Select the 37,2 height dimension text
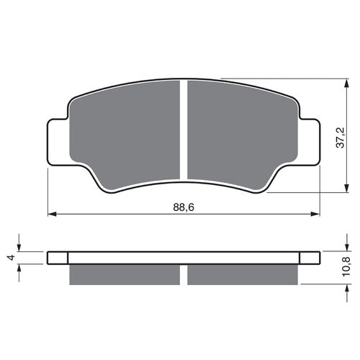click(x=348, y=136)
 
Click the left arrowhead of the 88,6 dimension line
click(x=51, y=214)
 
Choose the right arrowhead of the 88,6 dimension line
click(x=315, y=214)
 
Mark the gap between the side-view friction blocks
click(x=184, y=274)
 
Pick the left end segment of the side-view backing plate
click(x=58, y=257)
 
